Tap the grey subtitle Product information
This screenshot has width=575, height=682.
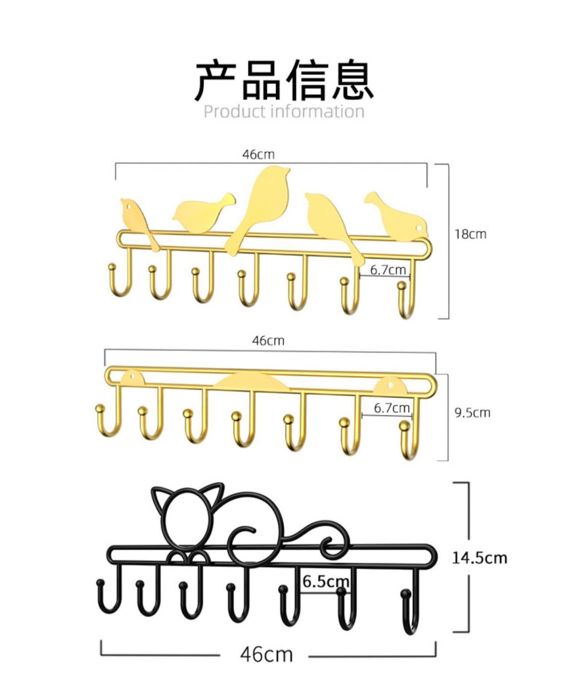pyautogui.click(x=284, y=112)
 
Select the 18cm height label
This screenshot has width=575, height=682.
pyautogui.click(x=470, y=234)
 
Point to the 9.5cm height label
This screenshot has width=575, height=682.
pyautogui.click(x=472, y=413)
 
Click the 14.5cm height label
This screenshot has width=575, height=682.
pyautogui.click(x=479, y=558)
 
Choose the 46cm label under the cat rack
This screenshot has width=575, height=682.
pyautogui.click(x=266, y=654)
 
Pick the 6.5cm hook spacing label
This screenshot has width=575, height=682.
pyautogui.click(x=326, y=581)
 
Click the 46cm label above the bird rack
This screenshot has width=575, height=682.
pyautogui.click(x=258, y=154)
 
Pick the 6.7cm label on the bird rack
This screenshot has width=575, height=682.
pyautogui.click(x=388, y=270)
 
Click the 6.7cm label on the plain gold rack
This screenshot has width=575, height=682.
pyautogui.click(x=391, y=408)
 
